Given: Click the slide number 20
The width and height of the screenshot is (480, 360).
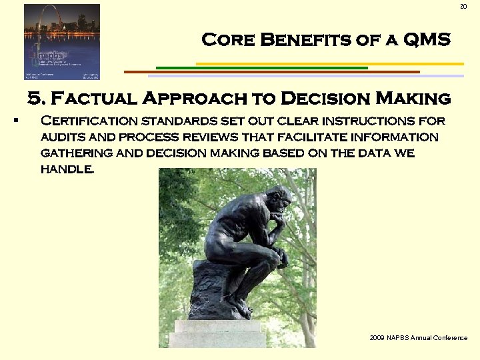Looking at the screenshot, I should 464,7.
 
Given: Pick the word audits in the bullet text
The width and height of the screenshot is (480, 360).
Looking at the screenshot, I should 63,137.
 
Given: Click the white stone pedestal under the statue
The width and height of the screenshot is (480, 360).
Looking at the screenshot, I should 217,333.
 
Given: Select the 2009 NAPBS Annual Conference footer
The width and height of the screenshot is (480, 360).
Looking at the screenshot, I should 418,338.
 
